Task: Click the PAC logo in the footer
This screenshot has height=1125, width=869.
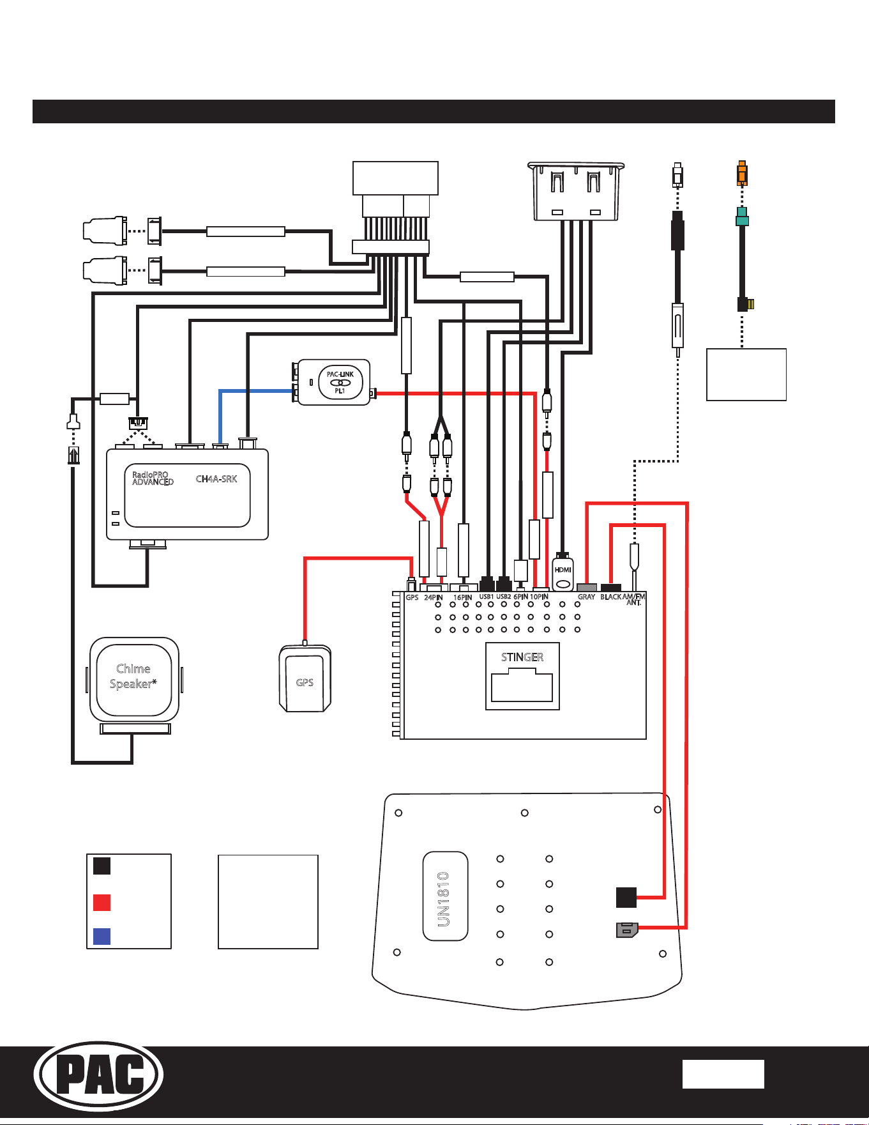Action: [98, 1074]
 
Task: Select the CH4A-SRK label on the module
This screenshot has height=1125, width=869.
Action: [216, 479]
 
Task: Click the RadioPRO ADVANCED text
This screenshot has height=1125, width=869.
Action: [153, 478]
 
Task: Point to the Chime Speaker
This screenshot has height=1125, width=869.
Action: [134, 680]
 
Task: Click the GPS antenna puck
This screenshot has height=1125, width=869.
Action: [305, 679]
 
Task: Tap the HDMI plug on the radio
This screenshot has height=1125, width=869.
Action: [563, 572]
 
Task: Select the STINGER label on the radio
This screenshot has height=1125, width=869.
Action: [522, 657]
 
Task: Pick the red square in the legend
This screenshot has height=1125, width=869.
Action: [102, 902]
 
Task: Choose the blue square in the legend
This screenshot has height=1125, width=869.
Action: [102, 936]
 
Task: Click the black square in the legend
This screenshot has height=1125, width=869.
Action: [102, 866]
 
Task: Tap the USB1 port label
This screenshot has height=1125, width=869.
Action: [487, 597]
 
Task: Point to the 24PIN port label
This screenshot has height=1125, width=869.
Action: [434, 597]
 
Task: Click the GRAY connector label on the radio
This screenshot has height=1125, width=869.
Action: [586, 597]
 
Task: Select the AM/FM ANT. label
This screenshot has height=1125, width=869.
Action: [634, 599]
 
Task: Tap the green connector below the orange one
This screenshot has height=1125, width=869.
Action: [741, 217]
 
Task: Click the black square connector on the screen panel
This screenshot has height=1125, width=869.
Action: [626, 898]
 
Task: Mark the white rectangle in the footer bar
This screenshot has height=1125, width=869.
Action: [723, 1074]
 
